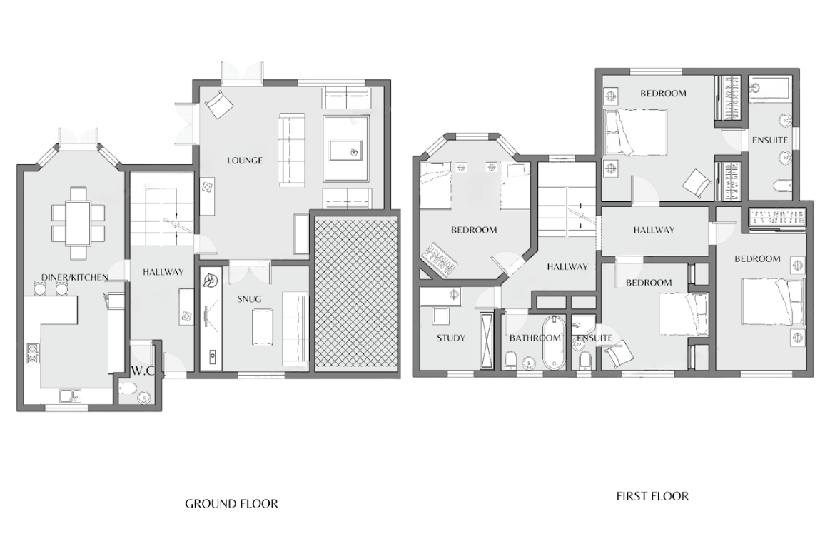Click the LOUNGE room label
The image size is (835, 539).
pos(244,161)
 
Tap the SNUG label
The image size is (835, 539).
pos(249,299)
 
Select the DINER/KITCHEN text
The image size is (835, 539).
pos(74,277)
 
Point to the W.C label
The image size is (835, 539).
pos(141,371)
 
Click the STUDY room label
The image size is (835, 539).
pos(450,338)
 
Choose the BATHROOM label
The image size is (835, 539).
pos(535,338)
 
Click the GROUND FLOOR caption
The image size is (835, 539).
pos(232,503)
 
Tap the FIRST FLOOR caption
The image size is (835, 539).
pos(652,496)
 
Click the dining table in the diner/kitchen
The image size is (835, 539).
pos(78,223)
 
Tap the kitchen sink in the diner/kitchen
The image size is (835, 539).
pos(70,396)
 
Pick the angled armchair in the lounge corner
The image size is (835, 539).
pos(219,104)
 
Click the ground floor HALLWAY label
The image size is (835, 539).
pos(163,271)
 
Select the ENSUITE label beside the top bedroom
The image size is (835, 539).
pos(769,140)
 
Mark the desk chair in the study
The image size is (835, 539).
pos(440,316)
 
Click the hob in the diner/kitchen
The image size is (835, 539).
pos(33,353)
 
